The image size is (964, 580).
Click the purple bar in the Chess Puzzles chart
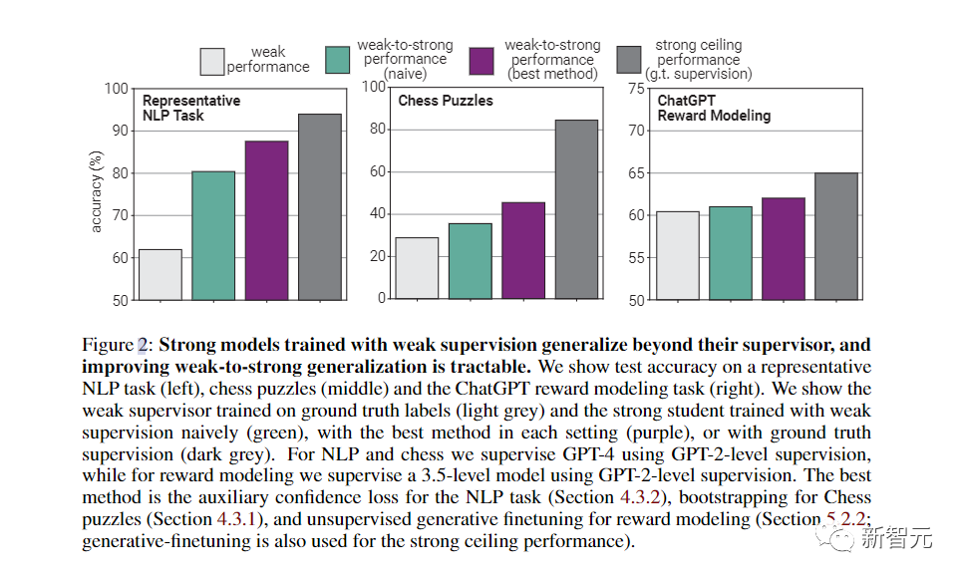pos(523,250)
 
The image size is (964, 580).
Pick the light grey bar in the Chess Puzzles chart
pos(417,268)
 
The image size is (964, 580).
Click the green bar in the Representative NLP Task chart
pos(213,235)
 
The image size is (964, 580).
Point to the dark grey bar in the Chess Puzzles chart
pos(576,209)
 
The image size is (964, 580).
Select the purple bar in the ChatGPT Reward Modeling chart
pos(784,248)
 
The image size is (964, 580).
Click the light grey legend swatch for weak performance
pos(210,61)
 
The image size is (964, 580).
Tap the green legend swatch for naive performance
pos(340,60)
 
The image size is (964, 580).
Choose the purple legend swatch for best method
pos(483,60)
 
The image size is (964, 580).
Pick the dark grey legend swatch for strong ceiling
pos(630,60)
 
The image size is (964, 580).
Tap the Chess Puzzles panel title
pos(446,101)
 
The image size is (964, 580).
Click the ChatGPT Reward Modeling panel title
pos(714,108)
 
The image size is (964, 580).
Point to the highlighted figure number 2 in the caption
pos(142,345)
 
